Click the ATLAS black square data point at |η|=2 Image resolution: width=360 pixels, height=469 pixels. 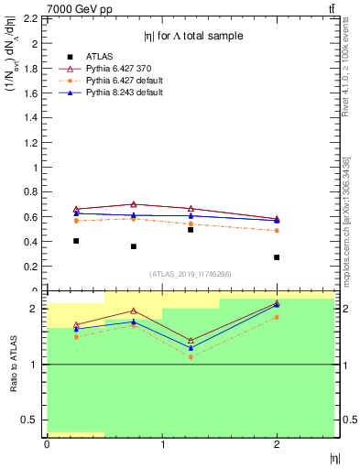(x=277, y=257)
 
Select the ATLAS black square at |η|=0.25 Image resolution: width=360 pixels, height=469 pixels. (x=76, y=241)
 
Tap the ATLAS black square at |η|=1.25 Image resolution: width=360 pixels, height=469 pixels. (x=191, y=230)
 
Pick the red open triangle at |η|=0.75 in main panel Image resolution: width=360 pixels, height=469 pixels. (x=134, y=204)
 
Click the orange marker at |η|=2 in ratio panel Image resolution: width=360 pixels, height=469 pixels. (x=277, y=317)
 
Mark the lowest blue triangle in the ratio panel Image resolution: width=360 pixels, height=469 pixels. (x=191, y=348)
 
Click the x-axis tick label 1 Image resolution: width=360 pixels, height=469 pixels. (x=162, y=444)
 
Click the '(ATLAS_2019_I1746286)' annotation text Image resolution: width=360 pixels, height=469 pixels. (x=190, y=274)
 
